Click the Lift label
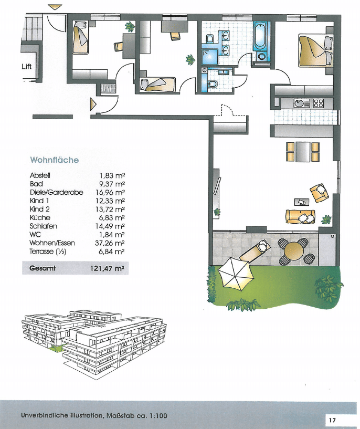point(27,67)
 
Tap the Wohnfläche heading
point(55,160)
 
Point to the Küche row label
point(40,217)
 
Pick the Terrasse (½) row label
point(48,252)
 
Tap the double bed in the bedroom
point(316,50)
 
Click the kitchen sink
point(300,103)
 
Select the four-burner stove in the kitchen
point(319,103)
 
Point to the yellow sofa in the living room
point(300,217)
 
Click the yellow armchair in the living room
point(319,193)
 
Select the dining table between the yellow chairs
point(303,152)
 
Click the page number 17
point(332,420)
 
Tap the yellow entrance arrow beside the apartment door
point(93,104)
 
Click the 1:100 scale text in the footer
point(158,415)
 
